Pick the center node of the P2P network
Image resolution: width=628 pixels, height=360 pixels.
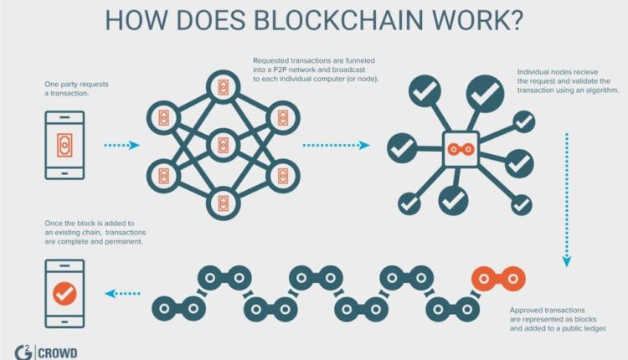[224, 144]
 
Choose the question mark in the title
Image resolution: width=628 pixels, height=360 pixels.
[514, 20]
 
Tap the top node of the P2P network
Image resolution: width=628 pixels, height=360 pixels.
[224, 86]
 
